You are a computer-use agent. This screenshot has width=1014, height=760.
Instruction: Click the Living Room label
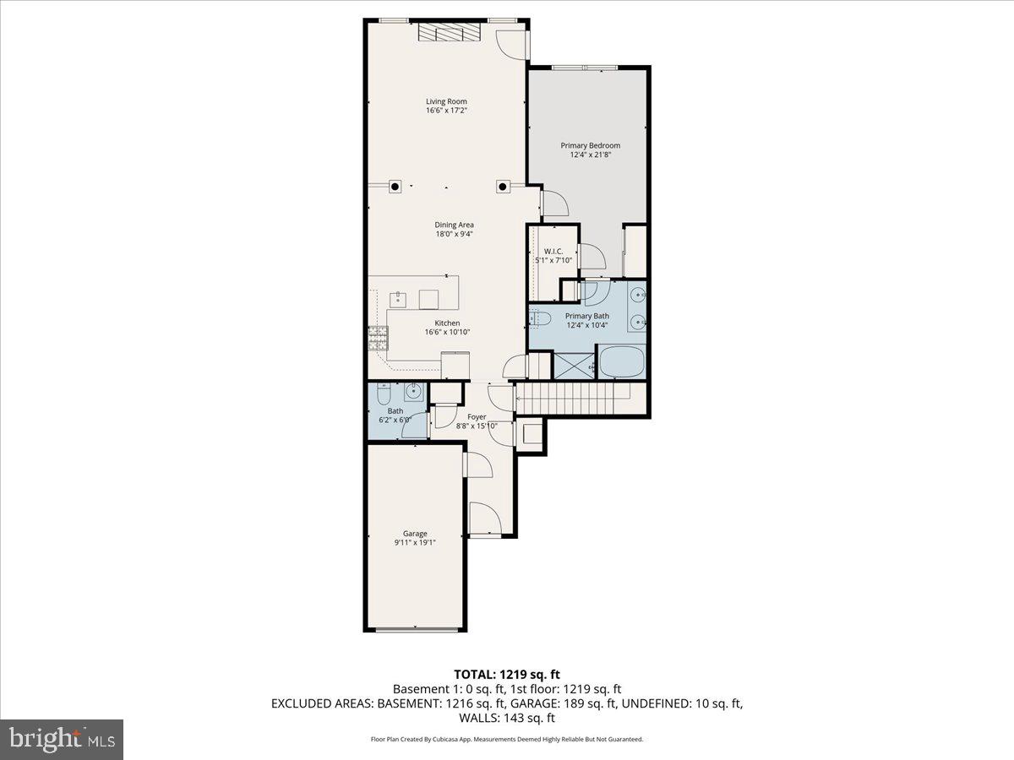click(446, 102)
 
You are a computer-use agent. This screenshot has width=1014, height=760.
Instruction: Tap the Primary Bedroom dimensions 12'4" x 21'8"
click(590, 155)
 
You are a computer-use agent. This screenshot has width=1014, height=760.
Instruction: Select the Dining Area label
click(454, 225)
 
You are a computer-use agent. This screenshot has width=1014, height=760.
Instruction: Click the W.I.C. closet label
click(553, 251)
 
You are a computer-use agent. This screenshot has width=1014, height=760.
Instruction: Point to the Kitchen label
click(447, 323)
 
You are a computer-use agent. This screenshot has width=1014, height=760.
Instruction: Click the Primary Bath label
click(586, 316)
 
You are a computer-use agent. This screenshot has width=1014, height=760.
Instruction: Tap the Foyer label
click(477, 416)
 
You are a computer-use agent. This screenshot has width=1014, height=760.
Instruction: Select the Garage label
click(414, 534)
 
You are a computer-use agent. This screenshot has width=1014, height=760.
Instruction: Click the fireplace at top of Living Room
click(449, 32)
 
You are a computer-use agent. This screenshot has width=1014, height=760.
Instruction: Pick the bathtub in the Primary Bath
click(622, 363)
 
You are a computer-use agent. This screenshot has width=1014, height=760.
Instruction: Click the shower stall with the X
click(573, 366)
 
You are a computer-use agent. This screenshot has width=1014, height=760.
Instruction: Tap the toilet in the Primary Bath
click(539, 318)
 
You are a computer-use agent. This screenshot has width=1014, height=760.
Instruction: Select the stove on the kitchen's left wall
click(376, 339)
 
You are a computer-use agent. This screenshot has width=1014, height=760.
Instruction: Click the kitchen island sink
click(396, 299)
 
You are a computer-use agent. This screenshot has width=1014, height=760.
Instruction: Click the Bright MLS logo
click(62, 740)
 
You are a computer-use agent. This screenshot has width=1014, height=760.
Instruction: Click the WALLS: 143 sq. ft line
click(506, 718)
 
